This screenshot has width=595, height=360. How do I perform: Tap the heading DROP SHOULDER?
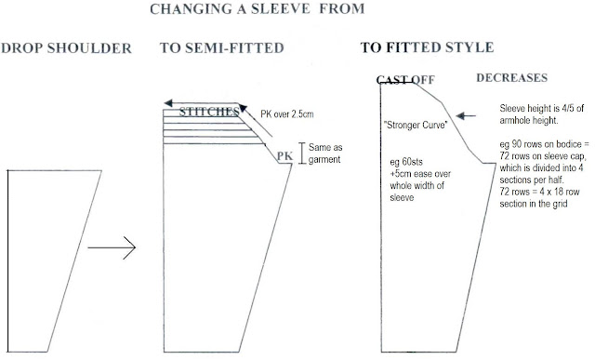[66, 48]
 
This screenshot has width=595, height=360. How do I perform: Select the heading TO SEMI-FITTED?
[222, 47]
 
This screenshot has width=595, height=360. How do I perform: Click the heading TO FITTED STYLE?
[427, 47]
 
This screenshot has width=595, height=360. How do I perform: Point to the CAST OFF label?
[405, 80]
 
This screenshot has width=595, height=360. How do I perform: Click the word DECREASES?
[512, 78]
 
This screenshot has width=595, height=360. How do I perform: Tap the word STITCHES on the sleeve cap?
[209, 112]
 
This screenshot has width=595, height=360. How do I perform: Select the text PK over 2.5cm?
[287, 114]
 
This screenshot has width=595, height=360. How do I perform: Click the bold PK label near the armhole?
[284, 156]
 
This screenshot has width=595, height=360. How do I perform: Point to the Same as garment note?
[325, 153]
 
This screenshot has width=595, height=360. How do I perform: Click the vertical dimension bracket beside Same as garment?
[302, 153]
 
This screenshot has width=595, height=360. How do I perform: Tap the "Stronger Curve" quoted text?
[416, 125]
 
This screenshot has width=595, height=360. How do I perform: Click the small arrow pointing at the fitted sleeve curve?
[466, 116]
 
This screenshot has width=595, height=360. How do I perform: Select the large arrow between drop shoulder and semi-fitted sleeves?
[112, 247]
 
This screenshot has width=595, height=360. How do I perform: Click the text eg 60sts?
[406, 162]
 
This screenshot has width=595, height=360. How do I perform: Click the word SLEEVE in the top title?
[280, 8]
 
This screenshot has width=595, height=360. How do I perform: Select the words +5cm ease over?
[420, 174]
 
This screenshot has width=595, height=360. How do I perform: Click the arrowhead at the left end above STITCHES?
[168, 103]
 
